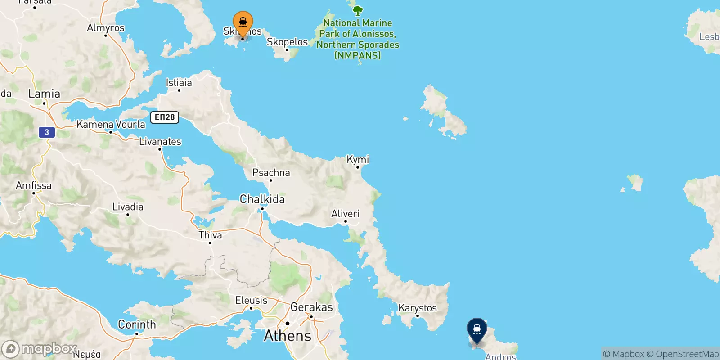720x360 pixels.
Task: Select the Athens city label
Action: pos(288,336)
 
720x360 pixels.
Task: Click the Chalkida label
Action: pos(262,199)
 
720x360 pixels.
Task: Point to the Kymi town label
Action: pos(358,159)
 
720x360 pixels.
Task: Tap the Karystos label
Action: pos(418,308)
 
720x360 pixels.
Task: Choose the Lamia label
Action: pos(44,94)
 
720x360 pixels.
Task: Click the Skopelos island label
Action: pos(287,42)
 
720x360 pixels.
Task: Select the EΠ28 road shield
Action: pos(165,117)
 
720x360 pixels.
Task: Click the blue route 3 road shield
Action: pos(47,132)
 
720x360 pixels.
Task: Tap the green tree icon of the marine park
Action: pos(358,10)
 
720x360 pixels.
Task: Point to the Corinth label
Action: pos(137,324)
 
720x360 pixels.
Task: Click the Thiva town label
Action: pos(210,235)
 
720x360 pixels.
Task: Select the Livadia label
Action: pos(128,207)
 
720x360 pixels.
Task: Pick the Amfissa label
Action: pos(34,185)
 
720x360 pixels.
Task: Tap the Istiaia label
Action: pos(179,82)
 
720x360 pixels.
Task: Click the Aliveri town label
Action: pos(345,213)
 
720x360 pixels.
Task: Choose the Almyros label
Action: pos(106,27)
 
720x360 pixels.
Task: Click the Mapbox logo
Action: pos(40,349)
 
